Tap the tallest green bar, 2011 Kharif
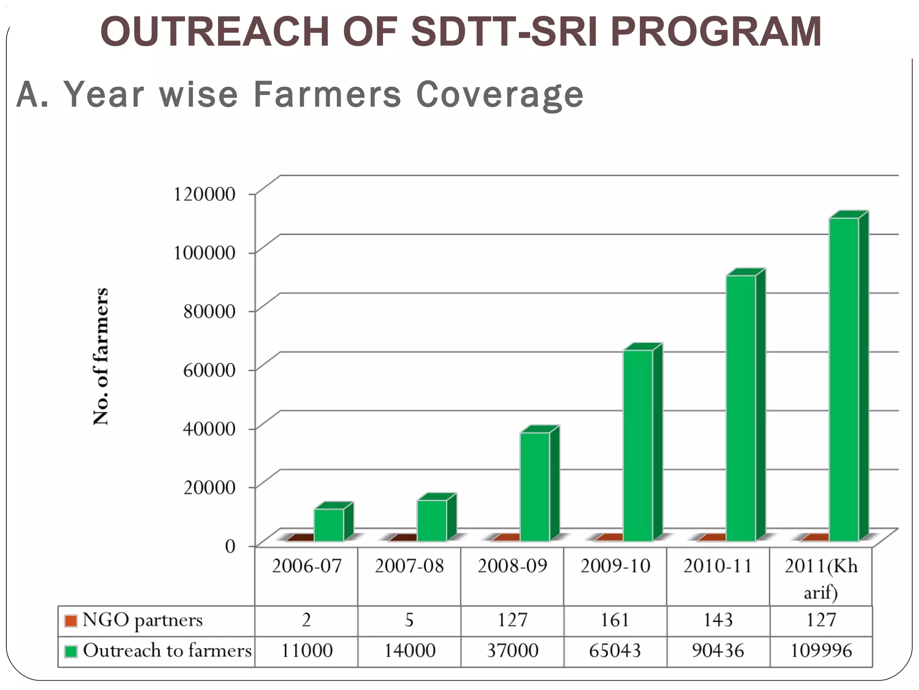[844, 380]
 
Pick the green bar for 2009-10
[638, 445]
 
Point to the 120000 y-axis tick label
[205, 194]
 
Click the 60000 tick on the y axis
[209, 370]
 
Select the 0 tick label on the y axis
[230, 546]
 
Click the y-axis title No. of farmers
[101, 356]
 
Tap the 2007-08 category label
[409, 566]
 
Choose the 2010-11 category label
[718, 566]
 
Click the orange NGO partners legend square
[70, 621]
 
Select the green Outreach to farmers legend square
[71, 651]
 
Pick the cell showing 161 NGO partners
[615, 620]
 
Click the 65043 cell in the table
[615, 651]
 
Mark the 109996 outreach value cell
[821, 651]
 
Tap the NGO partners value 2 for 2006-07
[306, 620]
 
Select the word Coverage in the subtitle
[500, 95]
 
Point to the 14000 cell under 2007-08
[409, 651]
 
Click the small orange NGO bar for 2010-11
[713, 537]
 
